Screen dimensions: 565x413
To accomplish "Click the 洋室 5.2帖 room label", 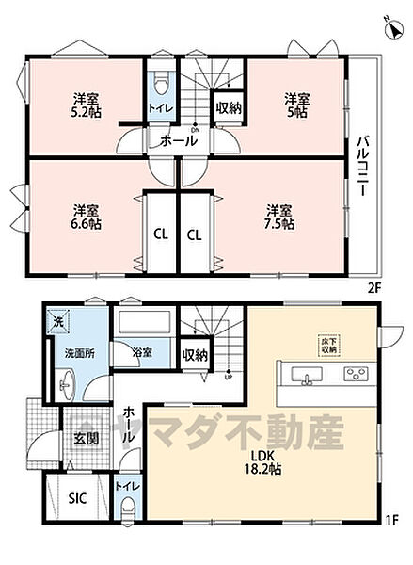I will coord(88,105).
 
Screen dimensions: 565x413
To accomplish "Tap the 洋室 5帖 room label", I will coord(297,105).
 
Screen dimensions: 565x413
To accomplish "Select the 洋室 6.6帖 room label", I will coord(88,217).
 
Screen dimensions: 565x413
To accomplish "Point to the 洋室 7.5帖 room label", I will coord(278,217).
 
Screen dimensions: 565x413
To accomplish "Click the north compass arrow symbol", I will coord(389,28).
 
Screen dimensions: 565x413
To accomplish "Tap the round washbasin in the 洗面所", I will coord(66,385).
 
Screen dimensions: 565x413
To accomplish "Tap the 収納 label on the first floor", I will coord(195,355).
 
